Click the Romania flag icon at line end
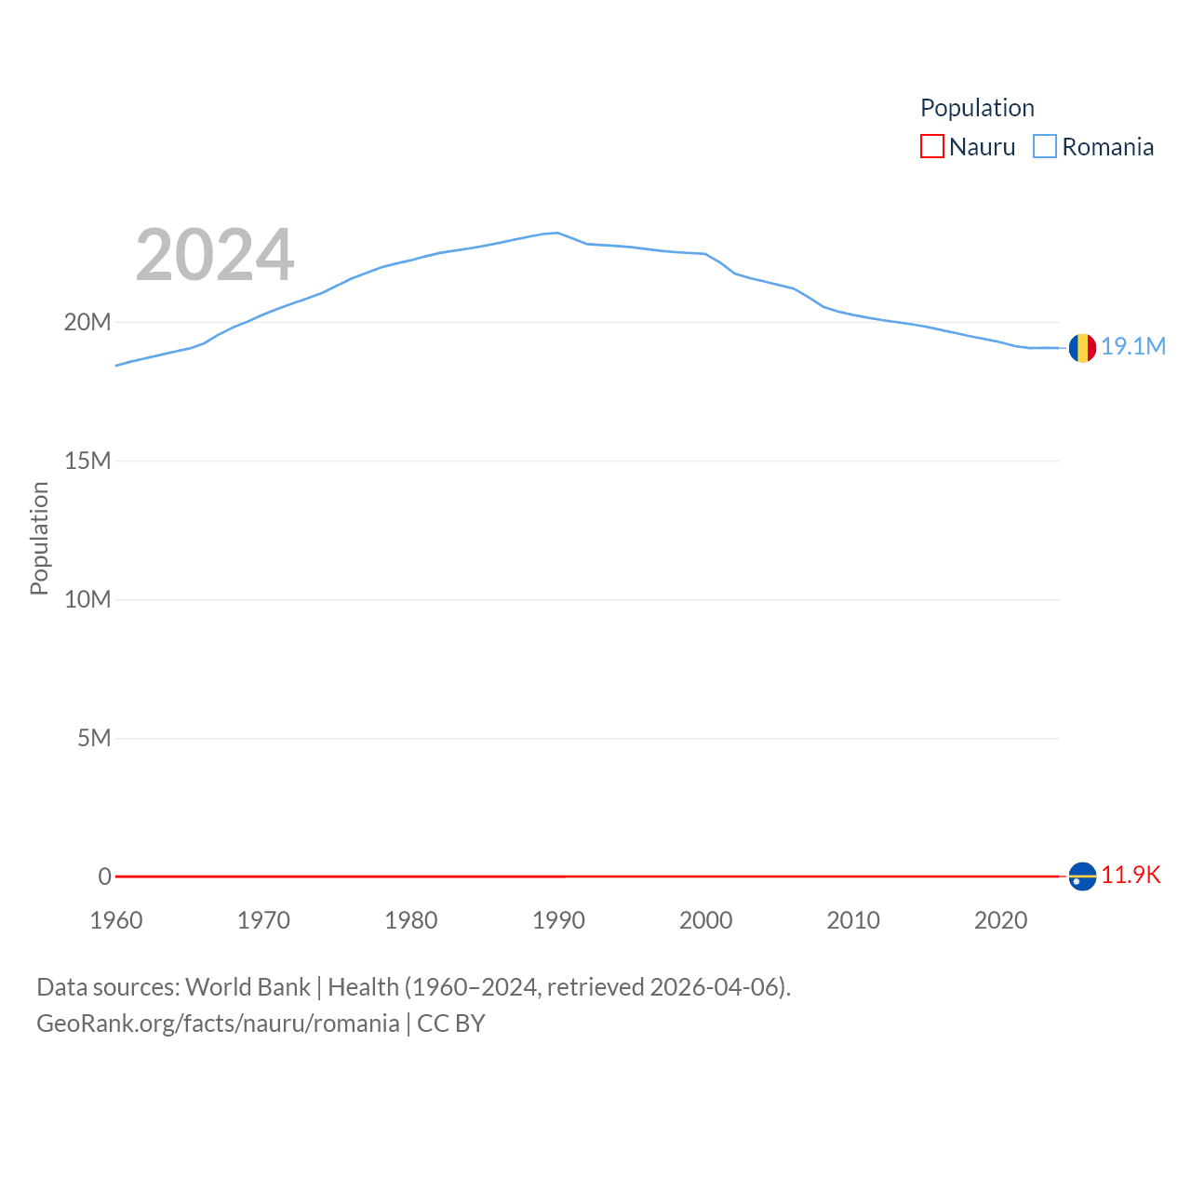1082,348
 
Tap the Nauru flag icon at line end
1082,877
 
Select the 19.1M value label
1133,346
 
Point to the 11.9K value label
1131,875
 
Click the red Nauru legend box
931,147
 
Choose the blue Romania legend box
1045,147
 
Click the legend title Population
977,108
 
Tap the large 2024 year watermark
215,255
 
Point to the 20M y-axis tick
87,322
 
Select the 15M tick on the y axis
87,461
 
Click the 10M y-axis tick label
87,599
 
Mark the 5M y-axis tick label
94,738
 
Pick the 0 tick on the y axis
104,877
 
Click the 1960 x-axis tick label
116,920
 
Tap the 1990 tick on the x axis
558,920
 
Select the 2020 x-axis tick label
1000,920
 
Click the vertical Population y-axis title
39,538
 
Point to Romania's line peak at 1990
557,233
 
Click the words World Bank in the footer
248,986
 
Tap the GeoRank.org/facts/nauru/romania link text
218,1024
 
